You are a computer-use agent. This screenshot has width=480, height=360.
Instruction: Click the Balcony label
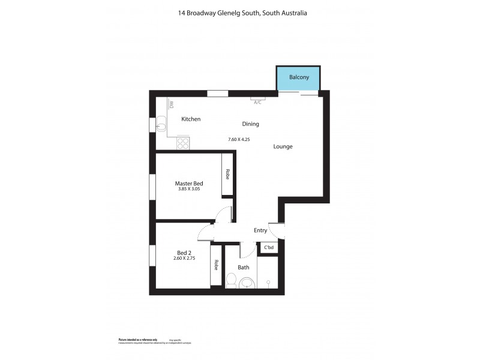pyautogui.click(x=299, y=77)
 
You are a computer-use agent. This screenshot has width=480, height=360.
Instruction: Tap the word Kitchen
pyautogui.click(x=191, y=119)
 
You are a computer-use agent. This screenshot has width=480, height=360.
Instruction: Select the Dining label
pyautogui.click(x=250, y=124)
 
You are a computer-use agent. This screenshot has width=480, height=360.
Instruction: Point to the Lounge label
pyautogui.click(x=283, y=146)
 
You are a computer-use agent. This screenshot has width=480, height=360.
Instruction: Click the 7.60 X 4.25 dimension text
pyautogui.click(x=238, y=139)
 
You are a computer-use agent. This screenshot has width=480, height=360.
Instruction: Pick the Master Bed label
pyautogui.click(x=188, y=183)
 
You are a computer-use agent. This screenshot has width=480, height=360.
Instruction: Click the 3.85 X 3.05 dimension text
pyautogui.click(x=188, y=190)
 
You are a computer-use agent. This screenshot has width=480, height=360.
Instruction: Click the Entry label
pyautogui.click(x=260, y=230)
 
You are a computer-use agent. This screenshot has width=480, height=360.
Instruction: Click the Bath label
pyautogui.click(x=243, y=267)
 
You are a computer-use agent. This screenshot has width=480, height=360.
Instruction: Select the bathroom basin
pyautogui.click(x=247, y=284)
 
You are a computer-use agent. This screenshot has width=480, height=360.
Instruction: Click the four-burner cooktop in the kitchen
pyautogui.click(x=184, y=143)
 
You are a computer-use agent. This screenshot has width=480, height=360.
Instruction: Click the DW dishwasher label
pyautogui.click(x=171, y=104)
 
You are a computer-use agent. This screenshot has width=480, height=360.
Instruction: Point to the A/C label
pyautogui.click(x=257, y=102)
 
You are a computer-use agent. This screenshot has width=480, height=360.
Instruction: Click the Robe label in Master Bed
pyautogui.click(x=227, y=174)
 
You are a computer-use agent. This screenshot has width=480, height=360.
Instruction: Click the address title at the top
pyautogui.click(x=239, y=12)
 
